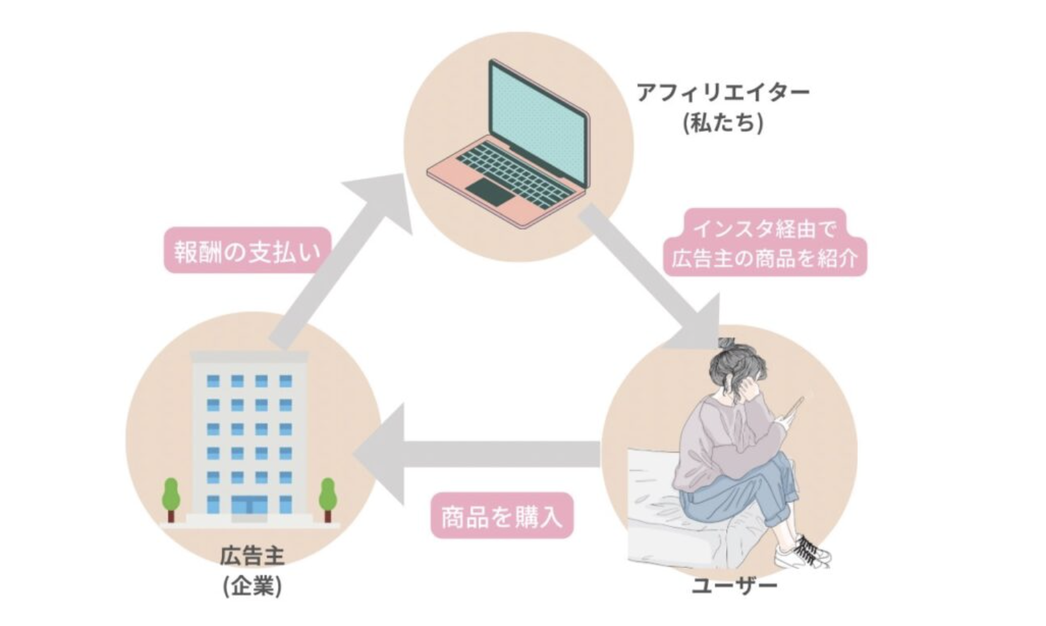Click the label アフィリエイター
(723, 92)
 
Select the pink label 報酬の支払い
(247, 251)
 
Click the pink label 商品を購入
(502, 517)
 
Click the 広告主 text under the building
(252, 557)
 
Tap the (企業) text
(252, 586)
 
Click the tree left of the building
(171, 497)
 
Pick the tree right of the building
(327, 497)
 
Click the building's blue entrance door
(249, 506)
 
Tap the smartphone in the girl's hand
(794, 409)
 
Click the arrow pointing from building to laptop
(331, 268)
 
